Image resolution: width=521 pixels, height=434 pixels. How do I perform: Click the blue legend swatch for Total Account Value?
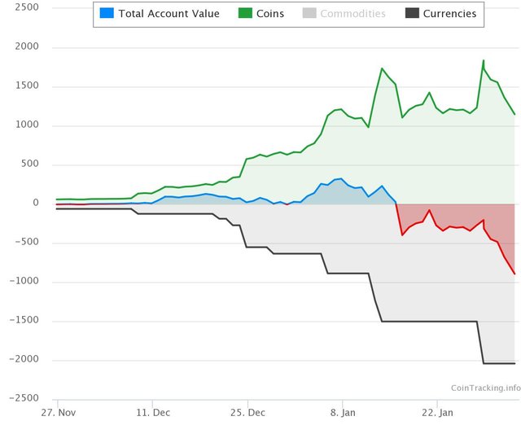(107, 14)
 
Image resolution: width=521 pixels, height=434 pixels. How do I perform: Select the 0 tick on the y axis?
(35, 204)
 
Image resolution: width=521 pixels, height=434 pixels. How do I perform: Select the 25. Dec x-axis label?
(247, 413)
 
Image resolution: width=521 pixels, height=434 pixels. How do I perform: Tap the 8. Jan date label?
(343, 413)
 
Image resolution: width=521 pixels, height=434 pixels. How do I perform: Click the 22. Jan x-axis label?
(437, 413)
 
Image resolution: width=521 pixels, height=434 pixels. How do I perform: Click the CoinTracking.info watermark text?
(485, 388)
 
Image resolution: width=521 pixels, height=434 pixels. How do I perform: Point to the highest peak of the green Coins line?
(484, 60)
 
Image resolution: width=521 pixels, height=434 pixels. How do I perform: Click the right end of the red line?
(514, 274)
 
